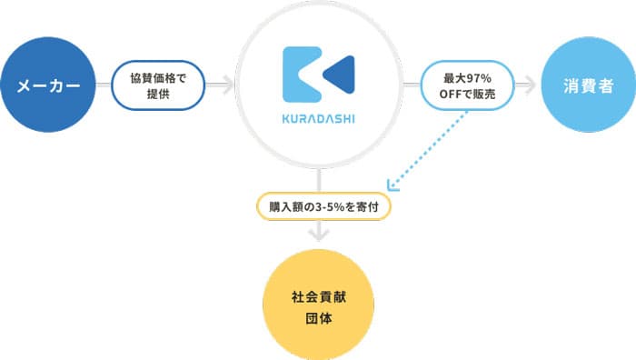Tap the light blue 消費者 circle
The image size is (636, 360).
585,86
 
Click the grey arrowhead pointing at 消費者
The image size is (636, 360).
529,86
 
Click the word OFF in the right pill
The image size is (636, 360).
452,95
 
